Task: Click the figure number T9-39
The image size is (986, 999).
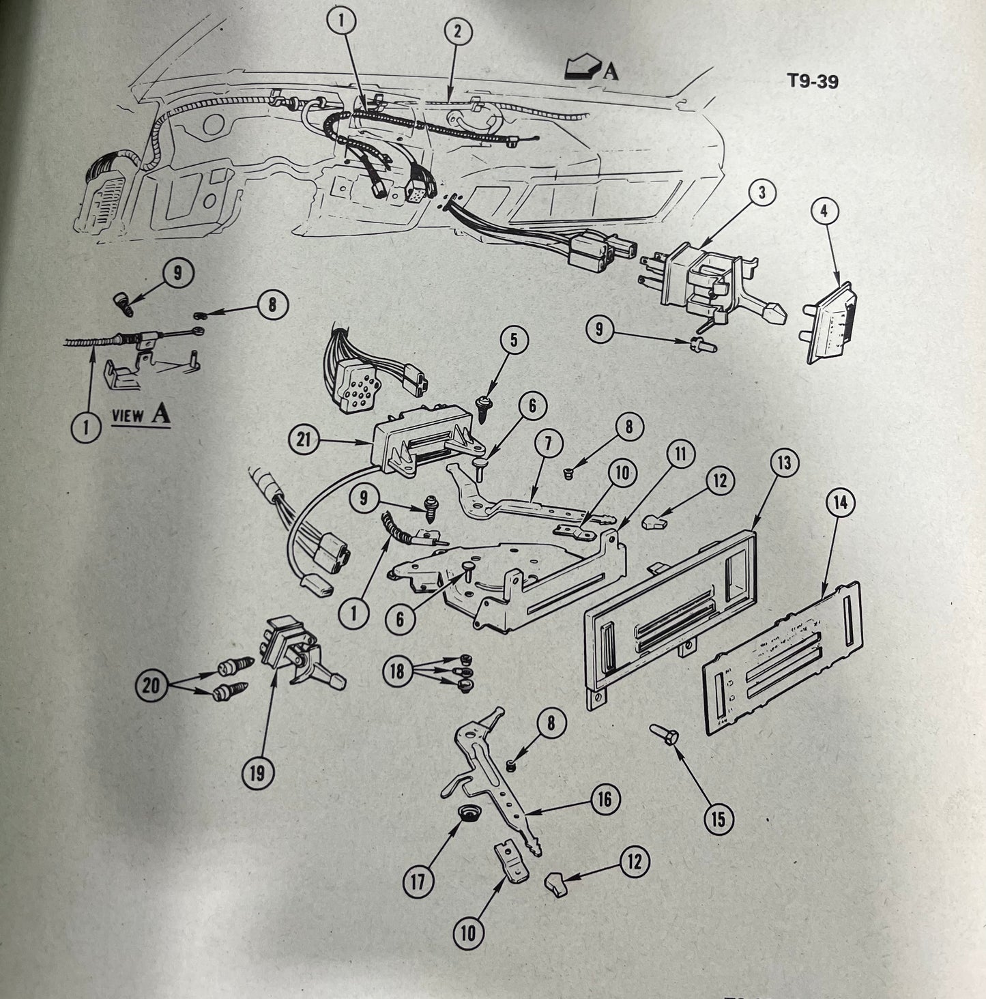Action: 813,82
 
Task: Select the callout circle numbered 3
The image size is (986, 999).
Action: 763,193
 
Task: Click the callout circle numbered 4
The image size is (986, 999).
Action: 824,212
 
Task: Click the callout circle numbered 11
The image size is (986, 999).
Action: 682,453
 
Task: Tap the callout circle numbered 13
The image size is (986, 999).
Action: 784,463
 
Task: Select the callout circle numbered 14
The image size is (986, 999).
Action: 839,502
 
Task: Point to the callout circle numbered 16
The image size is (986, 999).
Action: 605,798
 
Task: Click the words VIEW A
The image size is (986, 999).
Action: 141,416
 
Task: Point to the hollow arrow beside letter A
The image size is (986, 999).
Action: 579,68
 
